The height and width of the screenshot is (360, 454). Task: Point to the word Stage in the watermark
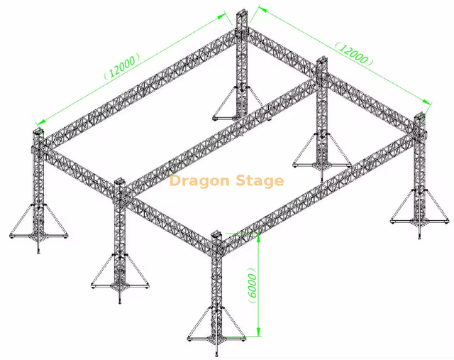pos(259,181)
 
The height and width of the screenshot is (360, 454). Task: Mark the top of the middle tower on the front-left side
pos(120,186)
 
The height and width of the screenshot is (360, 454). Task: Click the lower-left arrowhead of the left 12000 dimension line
pos(38,122)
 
